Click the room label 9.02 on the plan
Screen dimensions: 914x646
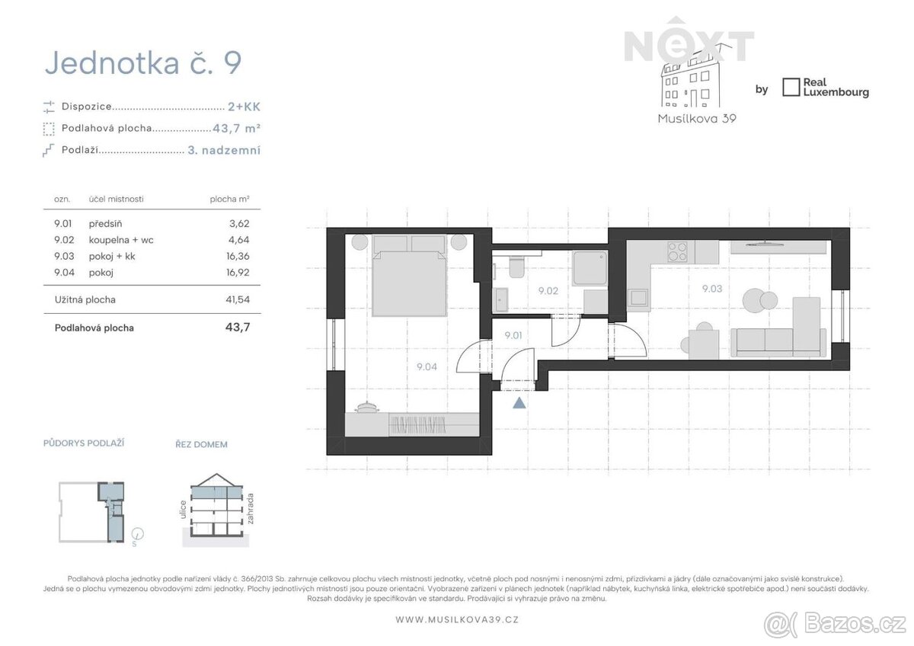(548, 291)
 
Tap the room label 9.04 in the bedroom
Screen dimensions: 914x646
(427, 367)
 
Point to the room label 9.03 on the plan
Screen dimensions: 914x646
(712, 289)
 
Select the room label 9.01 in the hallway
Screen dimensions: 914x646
(513, 335)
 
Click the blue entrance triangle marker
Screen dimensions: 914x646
(519, 403)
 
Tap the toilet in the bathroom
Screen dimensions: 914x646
(517, 267)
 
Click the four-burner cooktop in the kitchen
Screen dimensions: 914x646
(677, 251)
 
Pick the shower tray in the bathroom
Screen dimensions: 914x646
(590, 268)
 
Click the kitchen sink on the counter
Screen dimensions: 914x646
(638, 297)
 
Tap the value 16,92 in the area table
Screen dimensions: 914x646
(238, 272)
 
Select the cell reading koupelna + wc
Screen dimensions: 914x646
(121, 240)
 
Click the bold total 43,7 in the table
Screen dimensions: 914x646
(238, 328)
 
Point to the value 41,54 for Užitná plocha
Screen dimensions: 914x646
(238, 299)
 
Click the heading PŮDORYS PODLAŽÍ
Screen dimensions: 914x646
(84, 443)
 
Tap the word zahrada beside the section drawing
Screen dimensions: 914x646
(250, 508)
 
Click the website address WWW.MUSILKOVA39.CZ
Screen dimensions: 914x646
(457, 619)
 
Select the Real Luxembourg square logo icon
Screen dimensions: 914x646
(791, 88)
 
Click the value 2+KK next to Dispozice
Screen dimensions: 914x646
(244, 107)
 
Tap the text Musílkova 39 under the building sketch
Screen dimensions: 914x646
(697, 119)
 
